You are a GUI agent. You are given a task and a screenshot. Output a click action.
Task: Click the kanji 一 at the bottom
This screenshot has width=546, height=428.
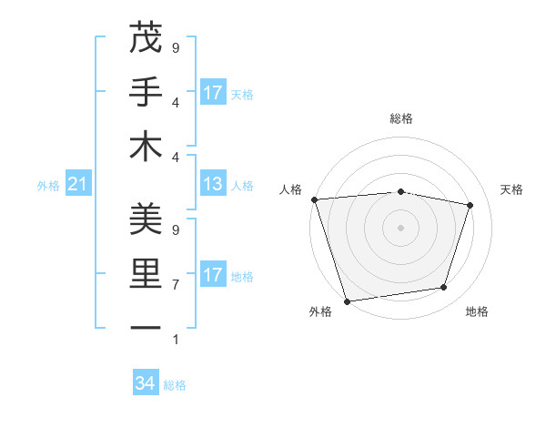pyautogui.click(x=146, y=327)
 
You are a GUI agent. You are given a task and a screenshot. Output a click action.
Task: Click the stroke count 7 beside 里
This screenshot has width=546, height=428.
pyautogui.click(x=176, y=284)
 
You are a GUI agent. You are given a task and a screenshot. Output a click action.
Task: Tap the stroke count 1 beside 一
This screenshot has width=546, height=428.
pyautogui.click(x=176, y=339)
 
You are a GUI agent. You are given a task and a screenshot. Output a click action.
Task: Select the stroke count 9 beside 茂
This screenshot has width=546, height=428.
pyautogui.click(x=176, y=47)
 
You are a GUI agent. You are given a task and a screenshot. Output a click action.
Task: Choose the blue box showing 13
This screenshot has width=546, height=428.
pyautogui.click(x=213, y=185)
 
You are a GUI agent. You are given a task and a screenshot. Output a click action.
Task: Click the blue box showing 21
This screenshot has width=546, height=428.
pyautogui.click(x=78, y=185)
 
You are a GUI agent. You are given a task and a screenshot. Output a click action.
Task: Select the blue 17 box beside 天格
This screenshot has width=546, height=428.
pyautogui.click(x=213, y=93)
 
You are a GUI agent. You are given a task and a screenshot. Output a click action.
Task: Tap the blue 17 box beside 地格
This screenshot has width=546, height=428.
pyautogui.click(x=213, y=275)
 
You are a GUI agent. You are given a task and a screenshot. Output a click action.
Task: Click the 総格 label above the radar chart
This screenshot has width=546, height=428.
pyautogui.click(x=400, y=118)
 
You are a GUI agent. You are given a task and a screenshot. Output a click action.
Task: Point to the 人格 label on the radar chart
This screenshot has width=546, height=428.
pyautogui.click(x=292, y=189)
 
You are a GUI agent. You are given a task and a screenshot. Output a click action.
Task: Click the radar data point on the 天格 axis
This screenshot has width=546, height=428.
pyautogui.click(x=470, y=205)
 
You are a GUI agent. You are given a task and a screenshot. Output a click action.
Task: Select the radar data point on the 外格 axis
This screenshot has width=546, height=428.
pyautogui.click(x=347, y=301)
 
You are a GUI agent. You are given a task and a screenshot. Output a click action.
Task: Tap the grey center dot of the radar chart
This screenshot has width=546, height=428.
pyautogui.click(x=400, y=227)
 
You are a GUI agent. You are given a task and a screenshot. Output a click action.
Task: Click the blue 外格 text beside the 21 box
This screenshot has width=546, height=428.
pyautogui.click(x=48, y=186)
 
